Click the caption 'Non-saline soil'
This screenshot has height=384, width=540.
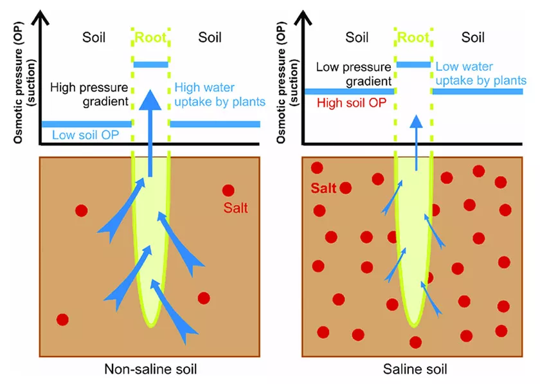coord(150,369)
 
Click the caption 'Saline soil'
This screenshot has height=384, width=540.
coord(414,369)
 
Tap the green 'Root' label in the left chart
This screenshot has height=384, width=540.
coord(150,37)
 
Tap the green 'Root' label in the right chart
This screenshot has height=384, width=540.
coord(413,37)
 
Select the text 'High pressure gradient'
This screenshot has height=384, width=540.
coord(89,94)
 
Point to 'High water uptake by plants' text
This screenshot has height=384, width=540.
coord(217,94)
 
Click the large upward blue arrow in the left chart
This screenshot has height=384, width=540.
coord(150,129)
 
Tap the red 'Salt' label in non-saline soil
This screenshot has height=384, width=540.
coord(236,208)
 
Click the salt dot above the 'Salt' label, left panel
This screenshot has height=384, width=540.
coord(228,191)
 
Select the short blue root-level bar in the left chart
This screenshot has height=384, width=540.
coord(150,64)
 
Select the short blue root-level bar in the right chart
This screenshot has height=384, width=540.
coord(413,64)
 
